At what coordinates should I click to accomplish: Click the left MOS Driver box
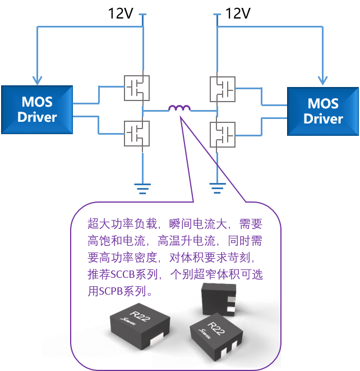coord(37,109)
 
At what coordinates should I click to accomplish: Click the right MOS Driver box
coord(322,111)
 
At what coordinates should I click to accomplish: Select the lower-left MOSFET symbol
coord(136,133)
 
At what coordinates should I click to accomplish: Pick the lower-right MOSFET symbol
coord(223,133)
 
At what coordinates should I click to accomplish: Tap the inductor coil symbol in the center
coord(179,108)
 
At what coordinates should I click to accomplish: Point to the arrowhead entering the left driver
coord(37,80)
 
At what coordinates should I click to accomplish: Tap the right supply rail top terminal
coord(217,15)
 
